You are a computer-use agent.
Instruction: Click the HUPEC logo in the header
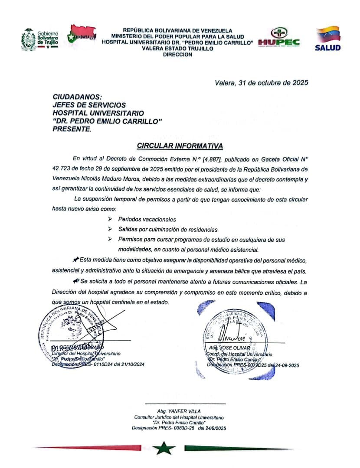coord(279,38)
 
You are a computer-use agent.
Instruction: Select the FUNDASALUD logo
coord(82,36)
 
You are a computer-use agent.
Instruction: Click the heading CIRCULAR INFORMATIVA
coord(180,146)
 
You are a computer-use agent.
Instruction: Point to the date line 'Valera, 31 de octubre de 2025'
coord(262,83)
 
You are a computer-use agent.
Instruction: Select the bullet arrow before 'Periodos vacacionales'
coord(110,219)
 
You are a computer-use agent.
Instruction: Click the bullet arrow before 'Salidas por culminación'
coord(110,229)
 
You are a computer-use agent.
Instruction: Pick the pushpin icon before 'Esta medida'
coord(76,260)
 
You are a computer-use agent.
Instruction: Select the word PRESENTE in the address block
coord(72,129)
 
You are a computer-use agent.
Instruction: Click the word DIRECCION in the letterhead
coord(178,55)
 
